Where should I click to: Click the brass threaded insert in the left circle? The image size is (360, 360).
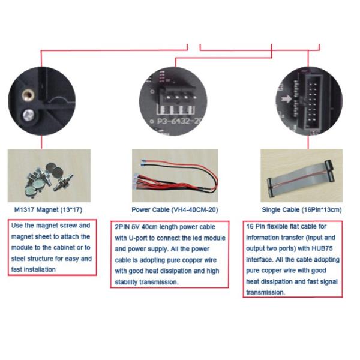click(28, 95)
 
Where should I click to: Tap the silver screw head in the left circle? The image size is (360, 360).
click(28, 115)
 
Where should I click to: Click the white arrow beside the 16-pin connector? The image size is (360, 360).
click(286, 99)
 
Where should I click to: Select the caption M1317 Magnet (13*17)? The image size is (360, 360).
click(48, 209)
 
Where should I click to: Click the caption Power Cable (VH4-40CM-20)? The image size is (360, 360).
click(175, 209)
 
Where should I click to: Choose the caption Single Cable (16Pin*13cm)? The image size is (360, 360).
click(302, 209)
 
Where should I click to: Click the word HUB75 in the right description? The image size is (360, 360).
click(322, 248)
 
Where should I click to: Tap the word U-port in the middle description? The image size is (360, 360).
click(138, 238)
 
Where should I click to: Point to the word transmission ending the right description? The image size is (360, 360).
click(265, 293)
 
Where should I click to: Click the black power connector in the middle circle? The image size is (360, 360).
click(177, 94)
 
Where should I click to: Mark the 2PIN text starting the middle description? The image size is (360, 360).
click(122, 227)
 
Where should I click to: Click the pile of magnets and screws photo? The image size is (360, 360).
click(49, 176)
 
